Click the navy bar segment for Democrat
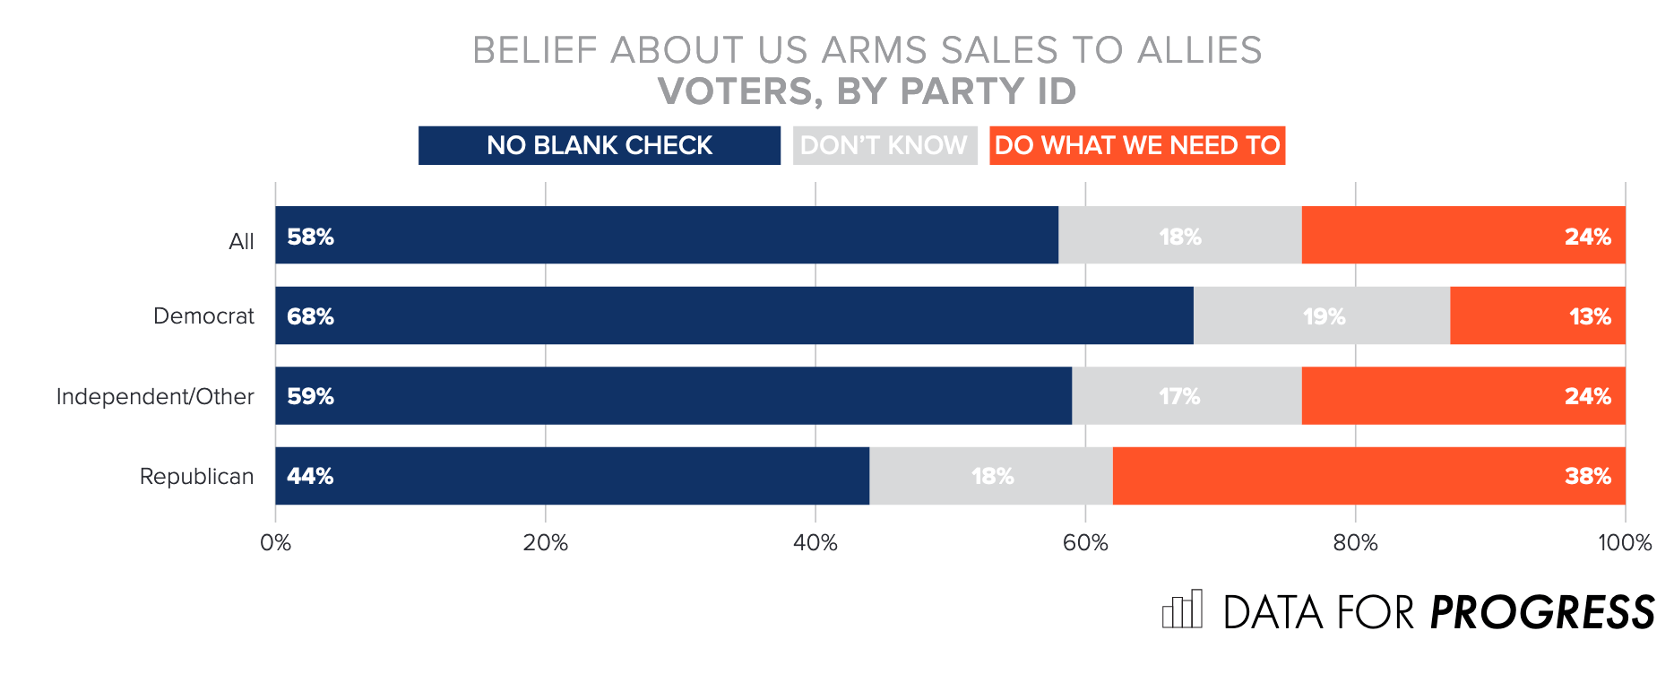[734, 315]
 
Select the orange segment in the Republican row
[1368, 476]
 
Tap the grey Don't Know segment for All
[1179, 236]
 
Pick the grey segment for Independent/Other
[1186, 396]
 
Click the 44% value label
[310, 476]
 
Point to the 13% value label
[1589, 316]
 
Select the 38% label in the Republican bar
[1587, 476]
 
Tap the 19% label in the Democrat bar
[1324, 316]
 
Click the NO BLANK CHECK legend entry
[599, 145]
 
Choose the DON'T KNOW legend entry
[884, 145]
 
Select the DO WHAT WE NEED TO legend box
[1137, 145]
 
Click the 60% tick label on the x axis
[1085, 543]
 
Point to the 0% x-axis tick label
[275, 543]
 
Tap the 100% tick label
[1624, 543]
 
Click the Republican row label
[196, 476]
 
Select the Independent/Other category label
[155, 396]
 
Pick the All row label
[241, 241]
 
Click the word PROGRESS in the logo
[1541, 613]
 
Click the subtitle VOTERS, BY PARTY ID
[867, 91]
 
